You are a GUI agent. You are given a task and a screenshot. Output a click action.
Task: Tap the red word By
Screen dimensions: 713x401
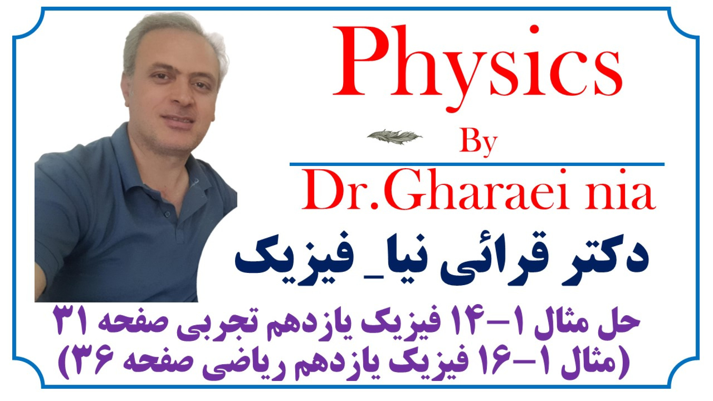478,143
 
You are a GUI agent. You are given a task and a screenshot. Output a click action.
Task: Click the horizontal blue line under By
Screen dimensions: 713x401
477,164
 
